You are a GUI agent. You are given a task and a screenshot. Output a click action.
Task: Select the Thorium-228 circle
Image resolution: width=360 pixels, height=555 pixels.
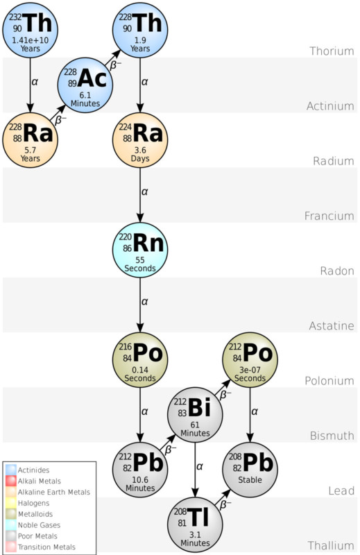(x=141, y=29)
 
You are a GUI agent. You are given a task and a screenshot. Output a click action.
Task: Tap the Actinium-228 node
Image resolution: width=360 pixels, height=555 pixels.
(x=86, y=85)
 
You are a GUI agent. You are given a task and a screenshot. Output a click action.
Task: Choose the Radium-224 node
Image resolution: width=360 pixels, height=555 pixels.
(x=141, y=139)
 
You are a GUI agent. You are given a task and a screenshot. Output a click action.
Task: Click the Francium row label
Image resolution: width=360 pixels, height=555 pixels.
(x=329, y=216)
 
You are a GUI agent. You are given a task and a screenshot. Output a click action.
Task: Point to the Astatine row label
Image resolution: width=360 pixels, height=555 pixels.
(x=330, y=326)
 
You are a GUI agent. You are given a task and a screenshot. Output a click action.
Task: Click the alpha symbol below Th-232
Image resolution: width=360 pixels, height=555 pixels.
(x=35, y=82)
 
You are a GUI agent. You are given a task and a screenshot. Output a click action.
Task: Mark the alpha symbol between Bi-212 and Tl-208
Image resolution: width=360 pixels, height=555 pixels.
(x=200, y=466)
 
